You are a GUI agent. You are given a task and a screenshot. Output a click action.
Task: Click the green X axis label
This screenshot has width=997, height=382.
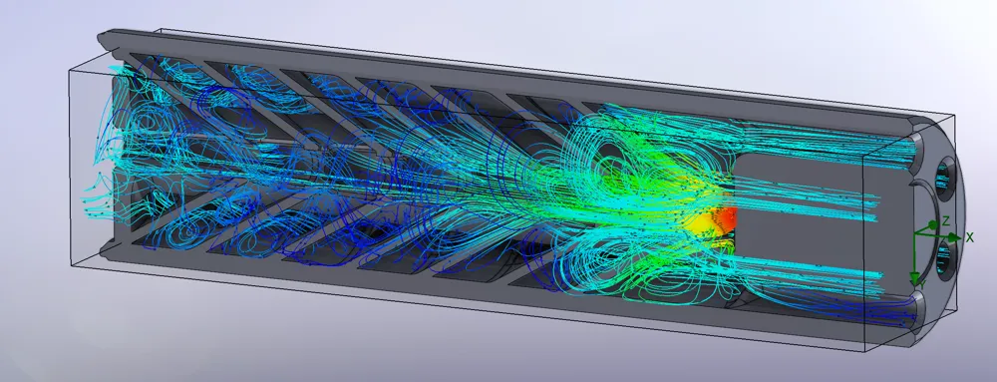(x=970, y=236)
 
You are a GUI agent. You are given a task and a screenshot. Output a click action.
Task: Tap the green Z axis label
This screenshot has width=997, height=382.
(x=945, y=220)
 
